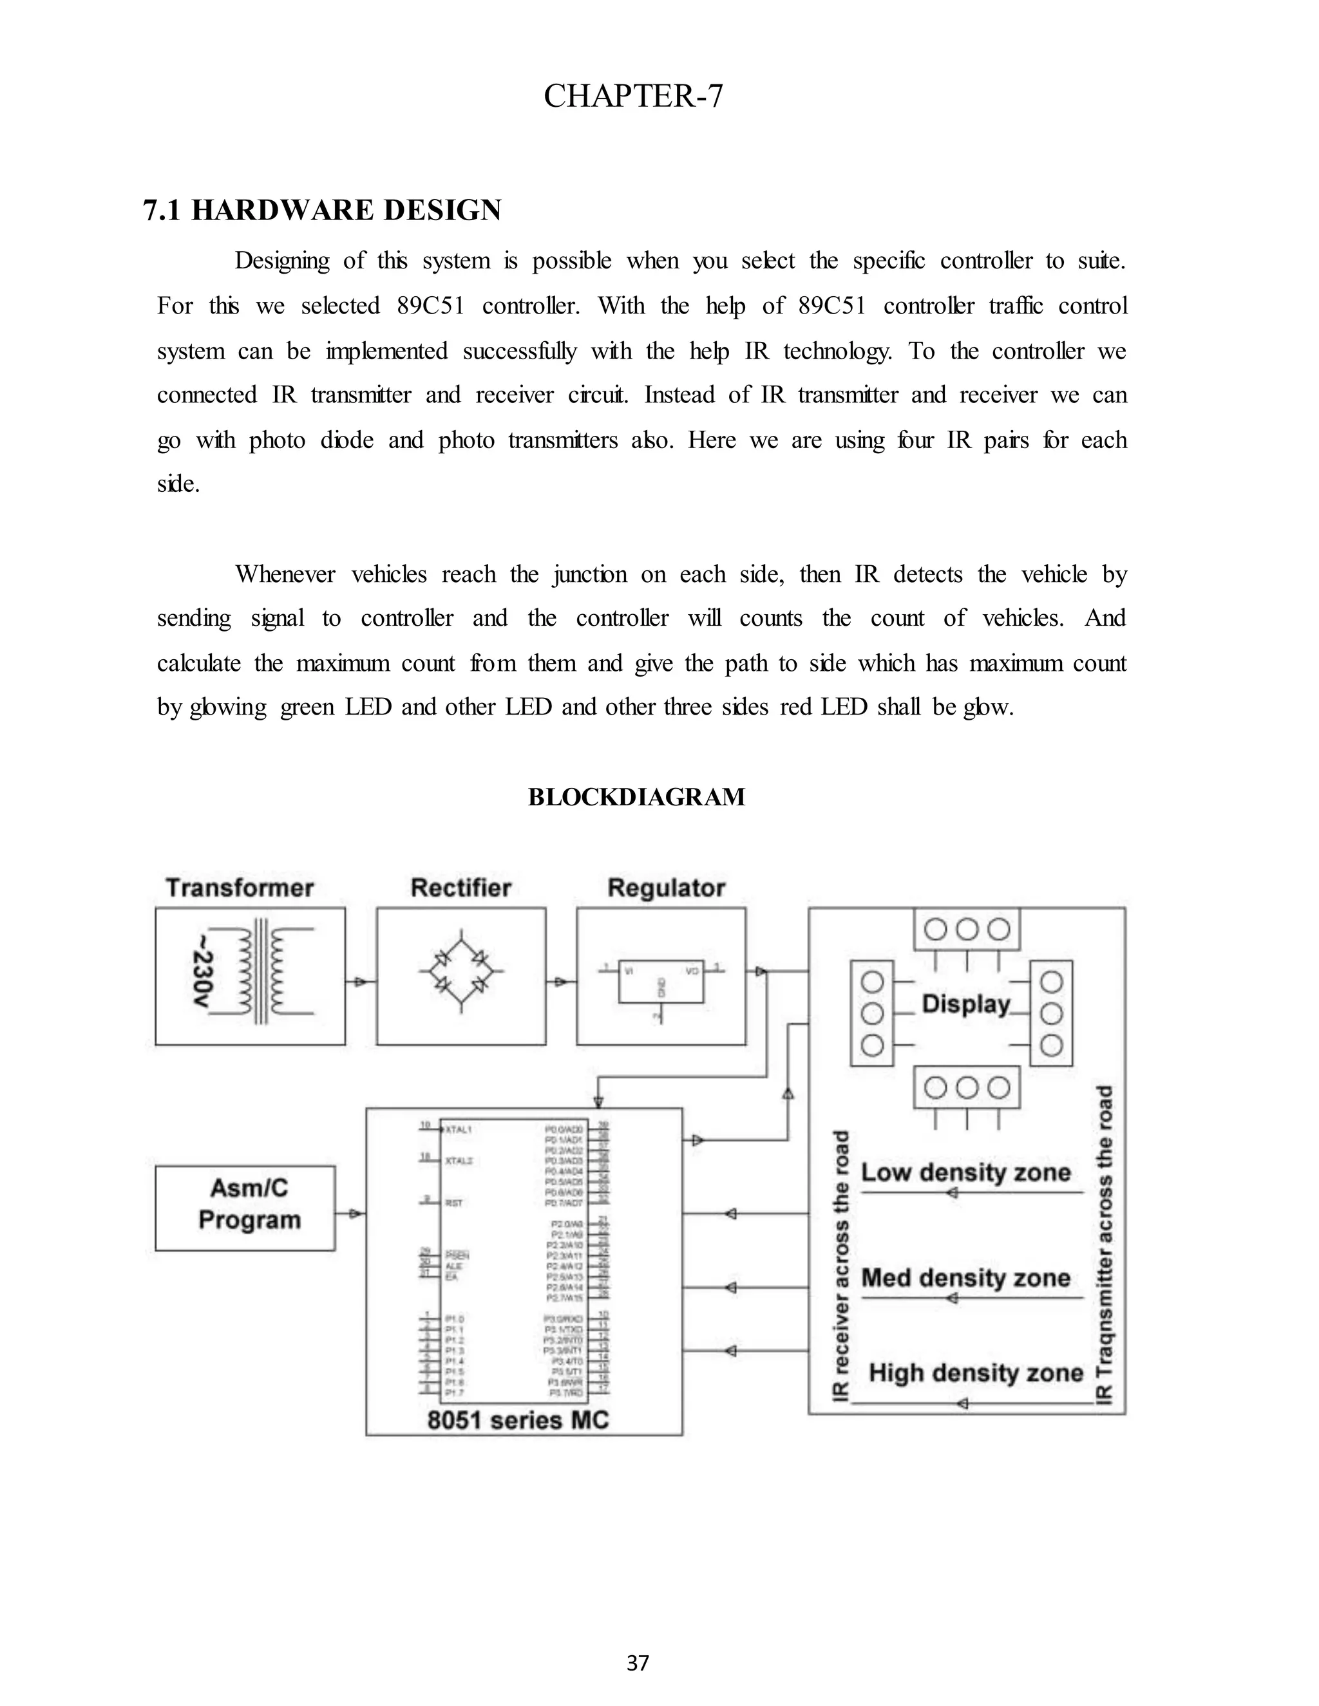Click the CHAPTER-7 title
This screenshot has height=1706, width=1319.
point(633,96)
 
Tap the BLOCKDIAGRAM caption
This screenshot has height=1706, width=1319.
point(636,797)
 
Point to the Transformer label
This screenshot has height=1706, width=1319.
point(239,888)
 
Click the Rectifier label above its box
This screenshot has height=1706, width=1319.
point(461,888)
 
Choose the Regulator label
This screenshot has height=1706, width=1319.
point(666,888)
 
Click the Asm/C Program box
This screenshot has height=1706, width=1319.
point(245,1207)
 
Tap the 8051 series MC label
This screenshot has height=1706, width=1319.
point(517,1420)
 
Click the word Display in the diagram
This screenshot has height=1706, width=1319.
point(966,1004)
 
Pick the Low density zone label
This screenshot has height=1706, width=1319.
point(966,1172)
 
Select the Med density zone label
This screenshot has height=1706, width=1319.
point(966,1278)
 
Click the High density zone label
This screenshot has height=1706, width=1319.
point(976,1373)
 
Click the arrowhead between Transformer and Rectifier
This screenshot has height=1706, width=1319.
point(359,982)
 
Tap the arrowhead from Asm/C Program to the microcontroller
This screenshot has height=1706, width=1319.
point(356,1213)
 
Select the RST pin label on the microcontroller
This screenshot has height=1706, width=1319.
point(453,1203)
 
